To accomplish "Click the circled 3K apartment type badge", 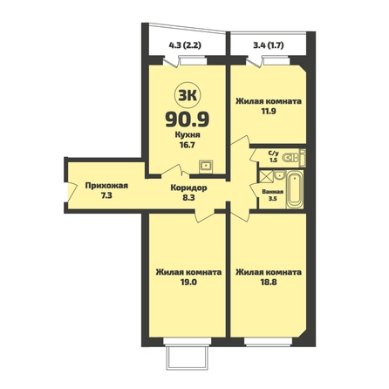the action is (188, 96).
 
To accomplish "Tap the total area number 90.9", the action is (188, 119).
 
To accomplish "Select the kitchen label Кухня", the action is (188, 135).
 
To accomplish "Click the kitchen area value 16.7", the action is (188, 145).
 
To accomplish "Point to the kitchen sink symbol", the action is (206, 166).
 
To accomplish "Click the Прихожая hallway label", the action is (106, 186).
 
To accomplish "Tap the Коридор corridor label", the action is (188, 188).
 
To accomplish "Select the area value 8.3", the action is (188, 198).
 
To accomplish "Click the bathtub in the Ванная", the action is (295, 189).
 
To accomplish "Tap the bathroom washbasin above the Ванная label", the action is (279, 175).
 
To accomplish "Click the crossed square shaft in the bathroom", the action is (266, 177).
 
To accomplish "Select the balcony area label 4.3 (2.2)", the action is (185, 45).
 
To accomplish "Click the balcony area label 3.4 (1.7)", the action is (269, 45).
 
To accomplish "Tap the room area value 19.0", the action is (188, 282).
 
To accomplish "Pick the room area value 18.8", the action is (269, 282).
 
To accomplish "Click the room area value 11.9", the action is (269, 111).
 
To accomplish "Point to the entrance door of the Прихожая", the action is (72, 191).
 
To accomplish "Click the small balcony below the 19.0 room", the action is (188, 358).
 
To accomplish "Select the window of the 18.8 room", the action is (268, 342).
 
